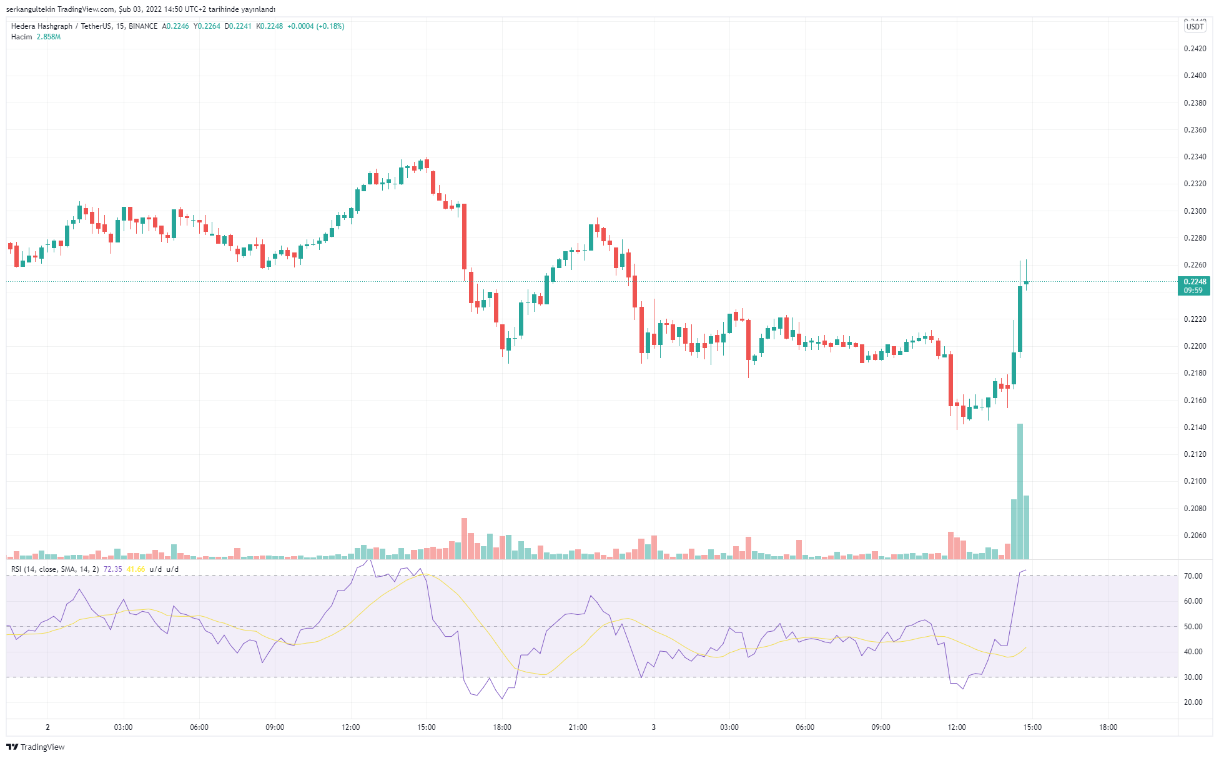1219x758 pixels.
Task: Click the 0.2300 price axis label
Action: click(x=1195, y=211)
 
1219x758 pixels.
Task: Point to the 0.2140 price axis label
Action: click(x=1195, y=427)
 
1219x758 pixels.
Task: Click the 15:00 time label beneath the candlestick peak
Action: click(x=427, y=727)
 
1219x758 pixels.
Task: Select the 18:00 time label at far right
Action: click(x=1108, y=727)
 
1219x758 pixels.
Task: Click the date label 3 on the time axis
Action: click(x=654, y=727)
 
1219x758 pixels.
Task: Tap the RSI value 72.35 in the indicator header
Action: click(x=112, y=569)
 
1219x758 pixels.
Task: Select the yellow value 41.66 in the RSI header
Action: click(x=136, y=569)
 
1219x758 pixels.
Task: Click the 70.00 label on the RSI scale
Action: click(x=1193, y=576)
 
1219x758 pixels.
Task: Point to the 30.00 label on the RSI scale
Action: click(x=1193, y=677)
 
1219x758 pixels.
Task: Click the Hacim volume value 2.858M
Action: click(x=49, y=37)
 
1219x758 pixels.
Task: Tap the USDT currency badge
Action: click(x=1195, y=27)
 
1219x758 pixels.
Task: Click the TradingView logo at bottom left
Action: click(x=36, y=747)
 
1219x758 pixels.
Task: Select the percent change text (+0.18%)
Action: click(x=330, y=26)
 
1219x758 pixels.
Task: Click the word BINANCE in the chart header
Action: click(x=143, y=26)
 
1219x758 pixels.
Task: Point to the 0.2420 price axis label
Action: click(x=1195, y=49)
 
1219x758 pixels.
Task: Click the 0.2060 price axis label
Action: click(x=1195, y=536)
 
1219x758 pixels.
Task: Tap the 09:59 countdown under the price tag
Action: click(x=1193, y=291)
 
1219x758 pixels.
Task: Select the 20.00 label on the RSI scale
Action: click(x=1193, y=702)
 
